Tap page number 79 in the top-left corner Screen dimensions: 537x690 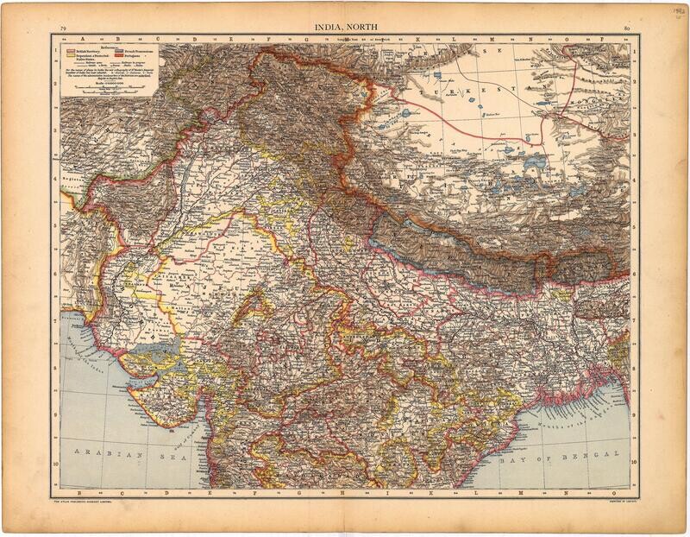64,31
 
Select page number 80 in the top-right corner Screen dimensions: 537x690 625,31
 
